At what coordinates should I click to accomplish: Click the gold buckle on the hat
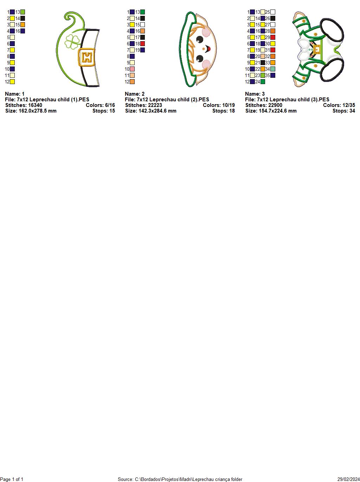pyautogui.click(x=86, y=57)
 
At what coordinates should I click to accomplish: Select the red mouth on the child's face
pyautogui.click(x=208, y=49)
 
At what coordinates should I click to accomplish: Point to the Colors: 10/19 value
pyautogui.click(x=219, y=105)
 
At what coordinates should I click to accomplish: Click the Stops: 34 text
pyautogui.click(x=343, y=111)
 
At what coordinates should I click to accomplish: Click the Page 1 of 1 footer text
pyautogui.click(x=12, y=479)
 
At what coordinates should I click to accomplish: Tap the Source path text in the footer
pyautogui.click(x=180, y=479)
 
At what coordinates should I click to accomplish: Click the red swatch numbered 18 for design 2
pyautogui.click(x=143, y=44)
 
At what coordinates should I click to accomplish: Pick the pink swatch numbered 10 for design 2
pyautogui.click(x=132, y=69)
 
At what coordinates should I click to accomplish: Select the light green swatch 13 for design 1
pyautogui.click(x=22, y=12)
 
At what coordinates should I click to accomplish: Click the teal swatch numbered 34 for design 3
pyautogui.click(x=273, y=69)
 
